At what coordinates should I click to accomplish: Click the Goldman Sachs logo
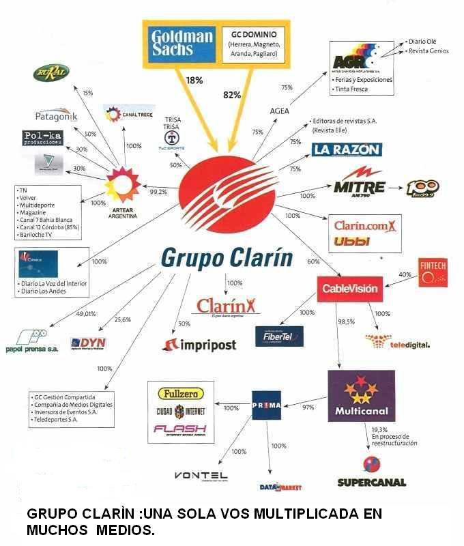pyautogui.click(x=182, y=45)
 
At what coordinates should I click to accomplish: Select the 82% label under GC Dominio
pyautogui.click(x=232, y=96)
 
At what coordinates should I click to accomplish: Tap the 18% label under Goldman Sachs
pyautogui.click(x=194, y=81)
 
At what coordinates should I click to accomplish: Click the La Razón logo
pyautogui.click(x=346, y=149)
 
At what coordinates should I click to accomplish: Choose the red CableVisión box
pyautogui.click(x=349, y=289)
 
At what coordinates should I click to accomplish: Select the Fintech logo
pyautogui.click(x=433, y=273)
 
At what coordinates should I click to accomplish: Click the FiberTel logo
pyautogui.click(x=279, y=336)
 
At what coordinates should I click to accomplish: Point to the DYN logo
pyautogui.click(x=89, y=343)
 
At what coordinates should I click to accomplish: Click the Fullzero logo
pyautogui.click(x=180, y=394)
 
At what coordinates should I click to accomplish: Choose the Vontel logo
pyautogui.click(x=201, y=475)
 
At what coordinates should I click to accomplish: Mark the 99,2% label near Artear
pyautogui.click(x=158, y=192)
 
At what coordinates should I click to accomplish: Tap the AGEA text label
pyautogui.click(x=280, y=111)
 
